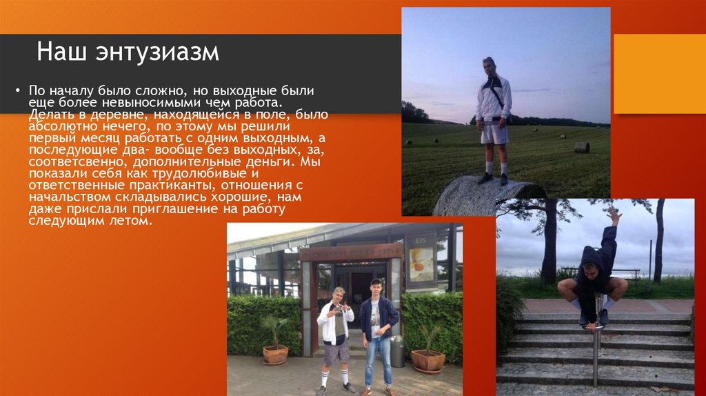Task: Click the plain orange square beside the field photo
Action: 659,74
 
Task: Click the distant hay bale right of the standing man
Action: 581,147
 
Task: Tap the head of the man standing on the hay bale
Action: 489,66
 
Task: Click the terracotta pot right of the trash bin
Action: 427,360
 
